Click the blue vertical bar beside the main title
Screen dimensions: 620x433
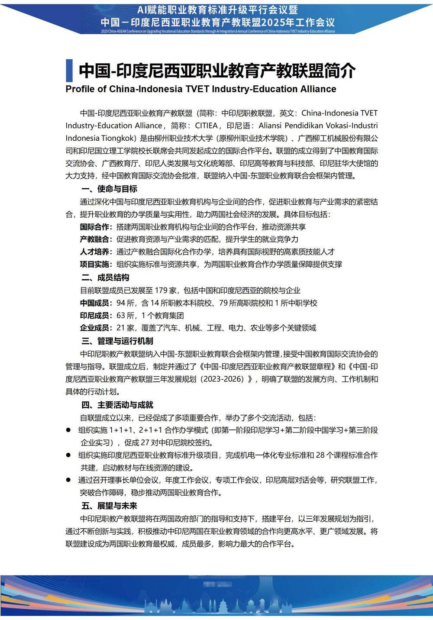[x=69, y=71]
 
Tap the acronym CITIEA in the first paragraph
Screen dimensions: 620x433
[x=207, y=126]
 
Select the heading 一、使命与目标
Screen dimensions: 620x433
[x=109, y=189]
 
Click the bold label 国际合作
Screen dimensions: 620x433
[x=95, y=227]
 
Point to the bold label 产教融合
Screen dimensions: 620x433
[x=95, y=239]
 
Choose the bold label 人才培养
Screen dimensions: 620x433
[x=95, y=252]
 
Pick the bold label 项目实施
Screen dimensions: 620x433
[x=95, y=264]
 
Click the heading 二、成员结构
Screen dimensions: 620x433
[x=105, y=278]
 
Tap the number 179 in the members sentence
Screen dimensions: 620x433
[x=161, y=290]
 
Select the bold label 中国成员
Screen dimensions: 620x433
[x=95, y=303]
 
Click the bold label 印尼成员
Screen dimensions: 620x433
[x=95, y=316]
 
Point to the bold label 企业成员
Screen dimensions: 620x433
[x=95, y=328]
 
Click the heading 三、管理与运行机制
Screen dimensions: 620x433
[x=117, y=341]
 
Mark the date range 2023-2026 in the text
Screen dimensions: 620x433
[x=224, y=379]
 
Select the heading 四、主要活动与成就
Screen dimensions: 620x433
[x=117, y=405]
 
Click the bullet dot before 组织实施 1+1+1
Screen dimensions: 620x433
[x=68, y=430]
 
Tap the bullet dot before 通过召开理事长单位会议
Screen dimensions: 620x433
[x=68, y=480]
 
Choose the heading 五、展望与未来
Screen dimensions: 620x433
[x=109, y=506]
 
